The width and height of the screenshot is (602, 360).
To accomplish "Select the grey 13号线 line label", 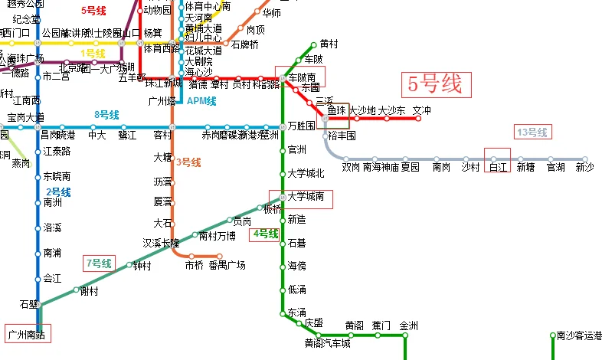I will point(532,133).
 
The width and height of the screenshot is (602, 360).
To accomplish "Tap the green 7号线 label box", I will point(100,263).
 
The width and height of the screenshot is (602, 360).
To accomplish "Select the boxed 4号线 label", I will point(265,234).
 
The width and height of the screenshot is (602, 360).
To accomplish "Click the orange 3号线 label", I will point(188,162).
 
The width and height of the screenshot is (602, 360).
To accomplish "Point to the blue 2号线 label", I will point(58,191).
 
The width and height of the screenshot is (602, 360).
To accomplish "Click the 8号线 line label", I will point(106,115).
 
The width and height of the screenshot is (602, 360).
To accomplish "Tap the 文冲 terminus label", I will point(422,111).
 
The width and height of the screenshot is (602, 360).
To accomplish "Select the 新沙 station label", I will point(584,166).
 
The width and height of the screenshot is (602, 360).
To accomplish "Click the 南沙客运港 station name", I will point(576,335).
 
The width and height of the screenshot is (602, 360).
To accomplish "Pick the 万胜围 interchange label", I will point(301,125).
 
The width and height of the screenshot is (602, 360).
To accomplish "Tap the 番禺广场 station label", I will point(227,266).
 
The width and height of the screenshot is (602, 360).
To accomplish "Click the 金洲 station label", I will point(409,325).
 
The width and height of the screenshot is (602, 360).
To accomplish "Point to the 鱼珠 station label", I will point(337,111).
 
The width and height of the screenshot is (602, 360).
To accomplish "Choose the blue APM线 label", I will point(201,100).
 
